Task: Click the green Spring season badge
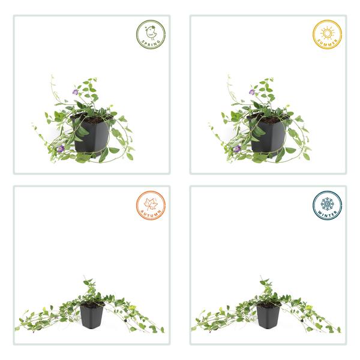[x=150, y=35]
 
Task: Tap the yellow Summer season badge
[x=327, y=35]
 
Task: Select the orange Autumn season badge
[x=150, y=206]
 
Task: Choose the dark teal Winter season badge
[x=327, y=206]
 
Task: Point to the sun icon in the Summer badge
[x=327, y=32]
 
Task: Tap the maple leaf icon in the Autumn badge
[x=151, y=203]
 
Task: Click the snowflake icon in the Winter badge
[x=327, y=203]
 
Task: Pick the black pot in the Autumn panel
[x=91, y=316]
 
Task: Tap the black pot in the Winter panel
[x=268, y=316]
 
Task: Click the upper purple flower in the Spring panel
[x=75, y=92]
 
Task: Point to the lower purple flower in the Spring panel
[x=60, y=148]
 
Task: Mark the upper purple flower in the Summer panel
[x=251, y=92]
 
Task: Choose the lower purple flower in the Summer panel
[x=236, y=148]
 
